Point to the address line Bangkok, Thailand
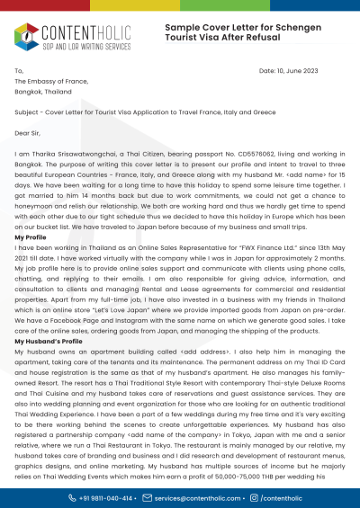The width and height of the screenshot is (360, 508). coord(44,92)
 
